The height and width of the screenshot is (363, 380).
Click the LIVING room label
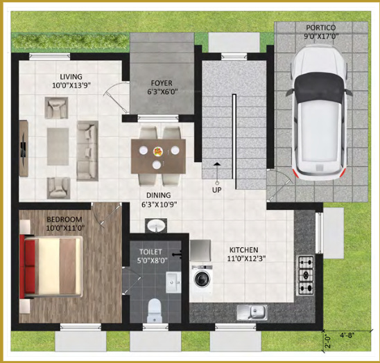pyautogui.click(x=71, y=76)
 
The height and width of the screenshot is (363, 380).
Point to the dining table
pyautogui.click(x=159, y=150)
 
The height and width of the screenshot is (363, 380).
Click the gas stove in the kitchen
pyautogui.click(x=306, y=276)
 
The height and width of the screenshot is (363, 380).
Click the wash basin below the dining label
pyautogui.click(x=157, y=226)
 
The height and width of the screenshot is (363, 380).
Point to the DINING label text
pyautogui.click(x=159, y=196)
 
